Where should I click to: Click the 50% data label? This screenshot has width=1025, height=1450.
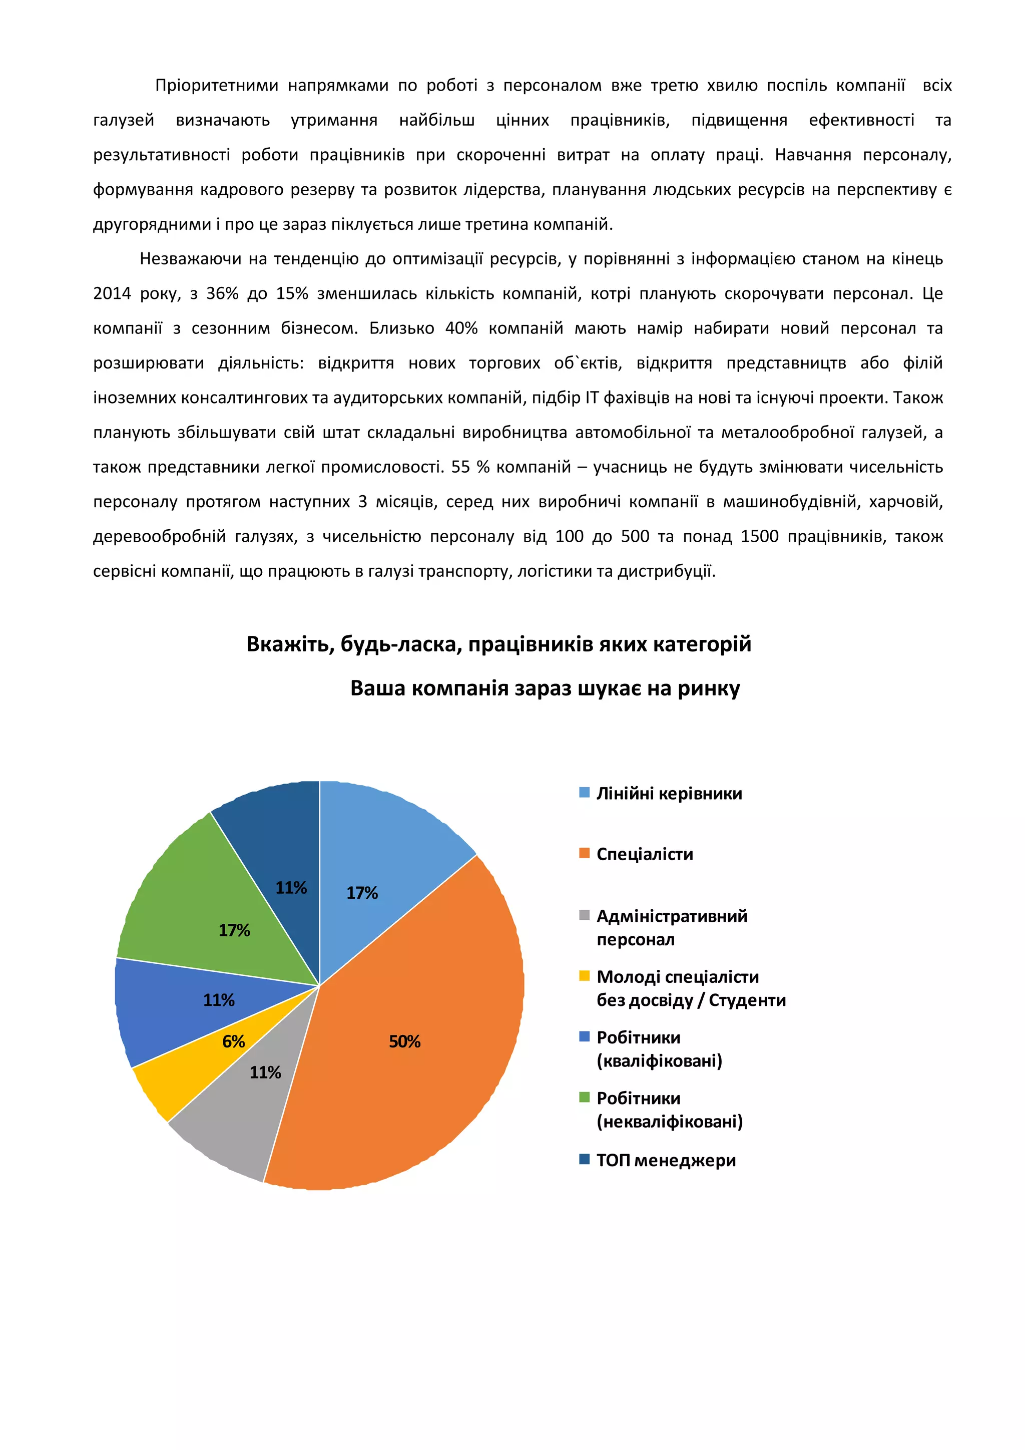click(x=404, y=1041)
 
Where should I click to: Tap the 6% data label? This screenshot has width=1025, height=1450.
click(x=234, y=1041)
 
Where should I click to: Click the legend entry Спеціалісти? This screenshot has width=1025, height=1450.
click(x=645, y=855)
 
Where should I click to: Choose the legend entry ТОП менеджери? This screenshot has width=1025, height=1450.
click(x=666, y=1160)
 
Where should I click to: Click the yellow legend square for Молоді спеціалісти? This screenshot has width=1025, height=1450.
click(x=585, y=976)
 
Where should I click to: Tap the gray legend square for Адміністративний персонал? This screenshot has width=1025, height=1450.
click(x=585, y=915)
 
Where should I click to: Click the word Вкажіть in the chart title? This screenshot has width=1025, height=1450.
click(x=290, y=644)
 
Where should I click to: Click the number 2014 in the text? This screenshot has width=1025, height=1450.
click(x=112, y=294)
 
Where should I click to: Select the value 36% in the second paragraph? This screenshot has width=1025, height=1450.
click(x=222, y=294)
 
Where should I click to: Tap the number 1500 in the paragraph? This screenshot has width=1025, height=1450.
click(x=759, y=537)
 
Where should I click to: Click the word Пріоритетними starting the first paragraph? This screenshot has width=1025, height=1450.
click(x=217, y=85)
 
